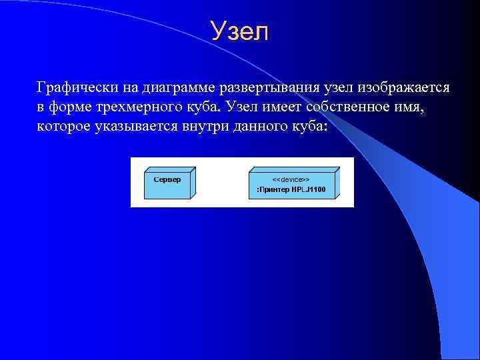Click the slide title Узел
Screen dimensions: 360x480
click(x=239, y=31)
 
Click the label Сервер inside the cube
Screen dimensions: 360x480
click(x=167, y=180)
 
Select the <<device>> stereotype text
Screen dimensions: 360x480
click(x=291, y=180)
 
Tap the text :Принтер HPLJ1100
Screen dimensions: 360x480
click(x=291, y=189)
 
